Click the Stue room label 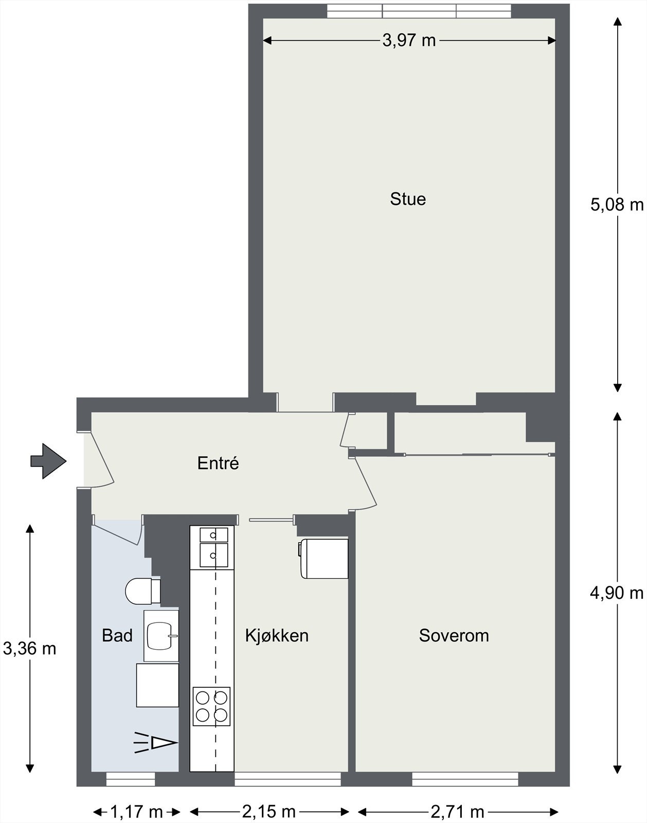pos(408,199)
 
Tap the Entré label pos(218,463)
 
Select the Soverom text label pos(454,636)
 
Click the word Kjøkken pos(277,636)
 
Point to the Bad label pos(117,636)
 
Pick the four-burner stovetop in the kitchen pos(212,706)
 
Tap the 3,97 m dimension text pos(409,40)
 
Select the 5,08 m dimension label pos(617,205)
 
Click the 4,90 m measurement pos(617,593)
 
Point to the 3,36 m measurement pos(30,649)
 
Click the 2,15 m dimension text pos(269,812)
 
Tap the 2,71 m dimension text pos(457,812)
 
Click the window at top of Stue pos(419,11)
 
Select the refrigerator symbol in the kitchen pos(323,558)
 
